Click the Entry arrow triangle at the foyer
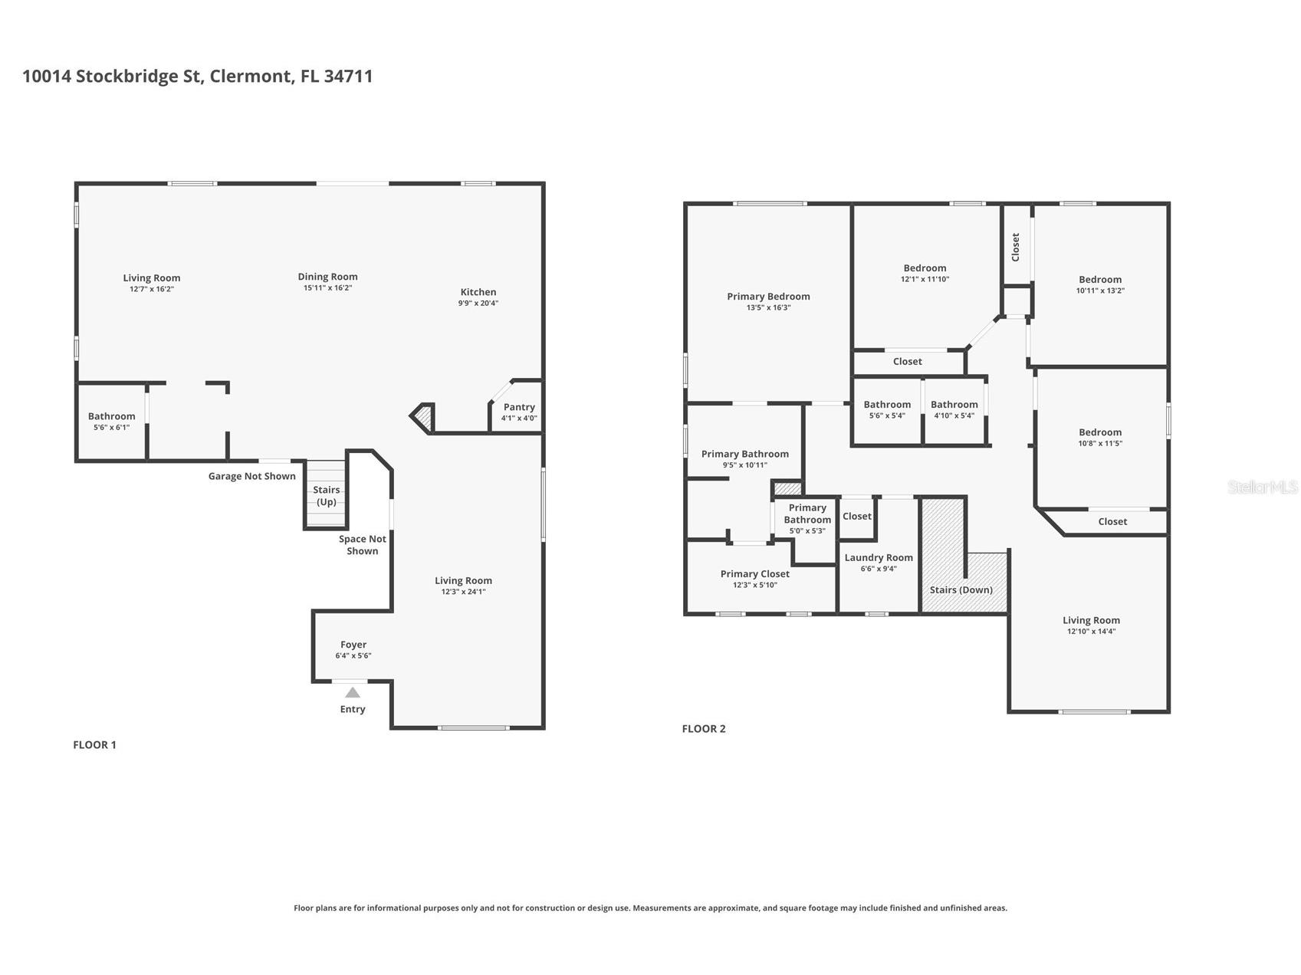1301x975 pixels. pos(353,692)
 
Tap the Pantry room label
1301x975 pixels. pos(519,407)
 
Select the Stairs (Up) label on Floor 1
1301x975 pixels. pos(327,496)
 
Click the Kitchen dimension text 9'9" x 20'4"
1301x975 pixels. pos(478,303)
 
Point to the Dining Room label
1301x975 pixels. pos(328,277)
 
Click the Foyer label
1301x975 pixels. pos(353,645)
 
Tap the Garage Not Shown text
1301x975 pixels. pos(252,476)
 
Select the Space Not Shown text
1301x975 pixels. pos(363,545)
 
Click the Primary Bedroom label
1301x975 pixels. pos(768,297)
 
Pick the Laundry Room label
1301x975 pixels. pos(879,557)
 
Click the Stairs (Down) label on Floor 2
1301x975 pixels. pos(961,589)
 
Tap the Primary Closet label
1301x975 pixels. pos(755,573)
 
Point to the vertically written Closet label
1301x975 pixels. pos(1016,247)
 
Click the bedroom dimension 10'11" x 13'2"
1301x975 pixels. pos(1100,291)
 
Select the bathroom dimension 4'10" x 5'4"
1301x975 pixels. pos(954,415)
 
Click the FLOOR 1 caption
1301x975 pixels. pos(94,744)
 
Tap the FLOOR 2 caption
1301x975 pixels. pos(704,728)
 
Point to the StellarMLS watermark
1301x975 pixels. pos(1263,487)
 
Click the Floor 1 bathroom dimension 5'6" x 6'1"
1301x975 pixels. pos(111,427)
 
